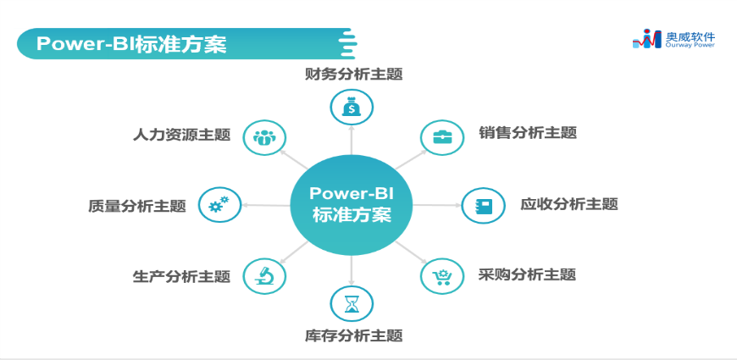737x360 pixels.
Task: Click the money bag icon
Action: [352, 108]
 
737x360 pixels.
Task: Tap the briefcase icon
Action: [442, 137]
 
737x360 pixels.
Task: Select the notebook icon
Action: [483, 205]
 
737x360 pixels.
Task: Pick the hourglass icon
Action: [352, 303]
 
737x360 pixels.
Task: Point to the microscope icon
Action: [264, 276]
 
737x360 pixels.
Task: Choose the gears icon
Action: [219, 204]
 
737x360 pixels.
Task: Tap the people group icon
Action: [264, 137]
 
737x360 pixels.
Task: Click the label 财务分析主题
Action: [353, 75]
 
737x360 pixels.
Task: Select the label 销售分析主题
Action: [528, 132]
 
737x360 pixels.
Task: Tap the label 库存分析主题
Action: [353, 335]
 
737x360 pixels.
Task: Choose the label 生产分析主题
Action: [181, 276]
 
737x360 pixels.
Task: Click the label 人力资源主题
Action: [181, 135]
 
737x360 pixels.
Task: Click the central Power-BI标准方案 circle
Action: [351, 205]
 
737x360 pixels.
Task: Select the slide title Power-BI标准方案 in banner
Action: [131, 44]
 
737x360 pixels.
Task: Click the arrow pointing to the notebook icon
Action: [438, 205]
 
